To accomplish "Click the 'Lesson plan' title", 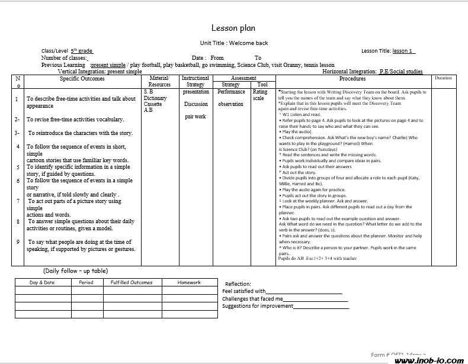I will (x=233, y=28).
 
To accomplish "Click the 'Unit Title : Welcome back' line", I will (x=233, y=43).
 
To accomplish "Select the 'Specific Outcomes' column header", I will (x=82, y=79).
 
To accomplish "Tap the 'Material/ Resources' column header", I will (x=159, y=81).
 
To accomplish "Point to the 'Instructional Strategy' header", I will (x=195, y=81).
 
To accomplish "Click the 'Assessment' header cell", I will (x=243, y=78).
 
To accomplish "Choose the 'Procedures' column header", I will (x=352, y=79).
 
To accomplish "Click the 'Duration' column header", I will (x=443, y=78).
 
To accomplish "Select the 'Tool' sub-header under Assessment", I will (x=262, y=85).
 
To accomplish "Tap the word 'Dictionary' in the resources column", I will (x=155, y=98).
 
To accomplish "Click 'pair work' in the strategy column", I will (x=195, y=117).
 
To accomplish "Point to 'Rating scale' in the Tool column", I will (x=260, y=95).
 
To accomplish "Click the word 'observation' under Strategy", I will (x=230, y=104).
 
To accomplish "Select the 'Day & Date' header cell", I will (x=42, y=282).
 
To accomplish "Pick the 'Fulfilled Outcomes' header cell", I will (x=132, y=282).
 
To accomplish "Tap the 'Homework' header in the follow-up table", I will (x=189, y=282).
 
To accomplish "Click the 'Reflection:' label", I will (x=238, y=284).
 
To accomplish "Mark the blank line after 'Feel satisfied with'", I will (x=304, y=292).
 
